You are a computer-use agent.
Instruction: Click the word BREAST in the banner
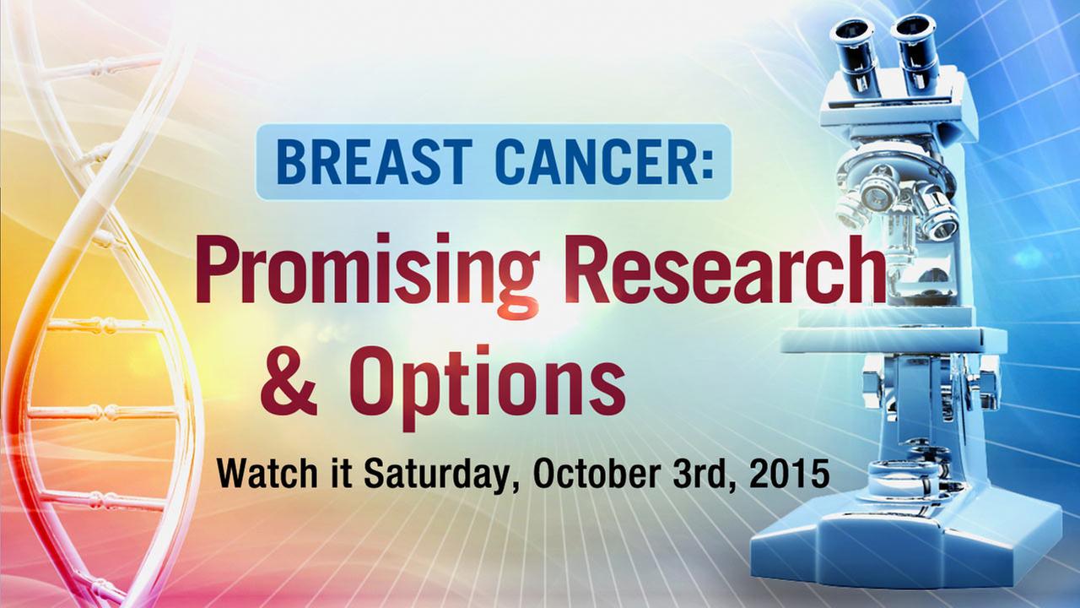372,161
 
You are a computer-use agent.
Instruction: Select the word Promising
366,275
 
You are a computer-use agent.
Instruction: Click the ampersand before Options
289,381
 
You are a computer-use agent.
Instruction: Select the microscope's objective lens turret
896,203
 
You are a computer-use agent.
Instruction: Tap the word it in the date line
340,474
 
